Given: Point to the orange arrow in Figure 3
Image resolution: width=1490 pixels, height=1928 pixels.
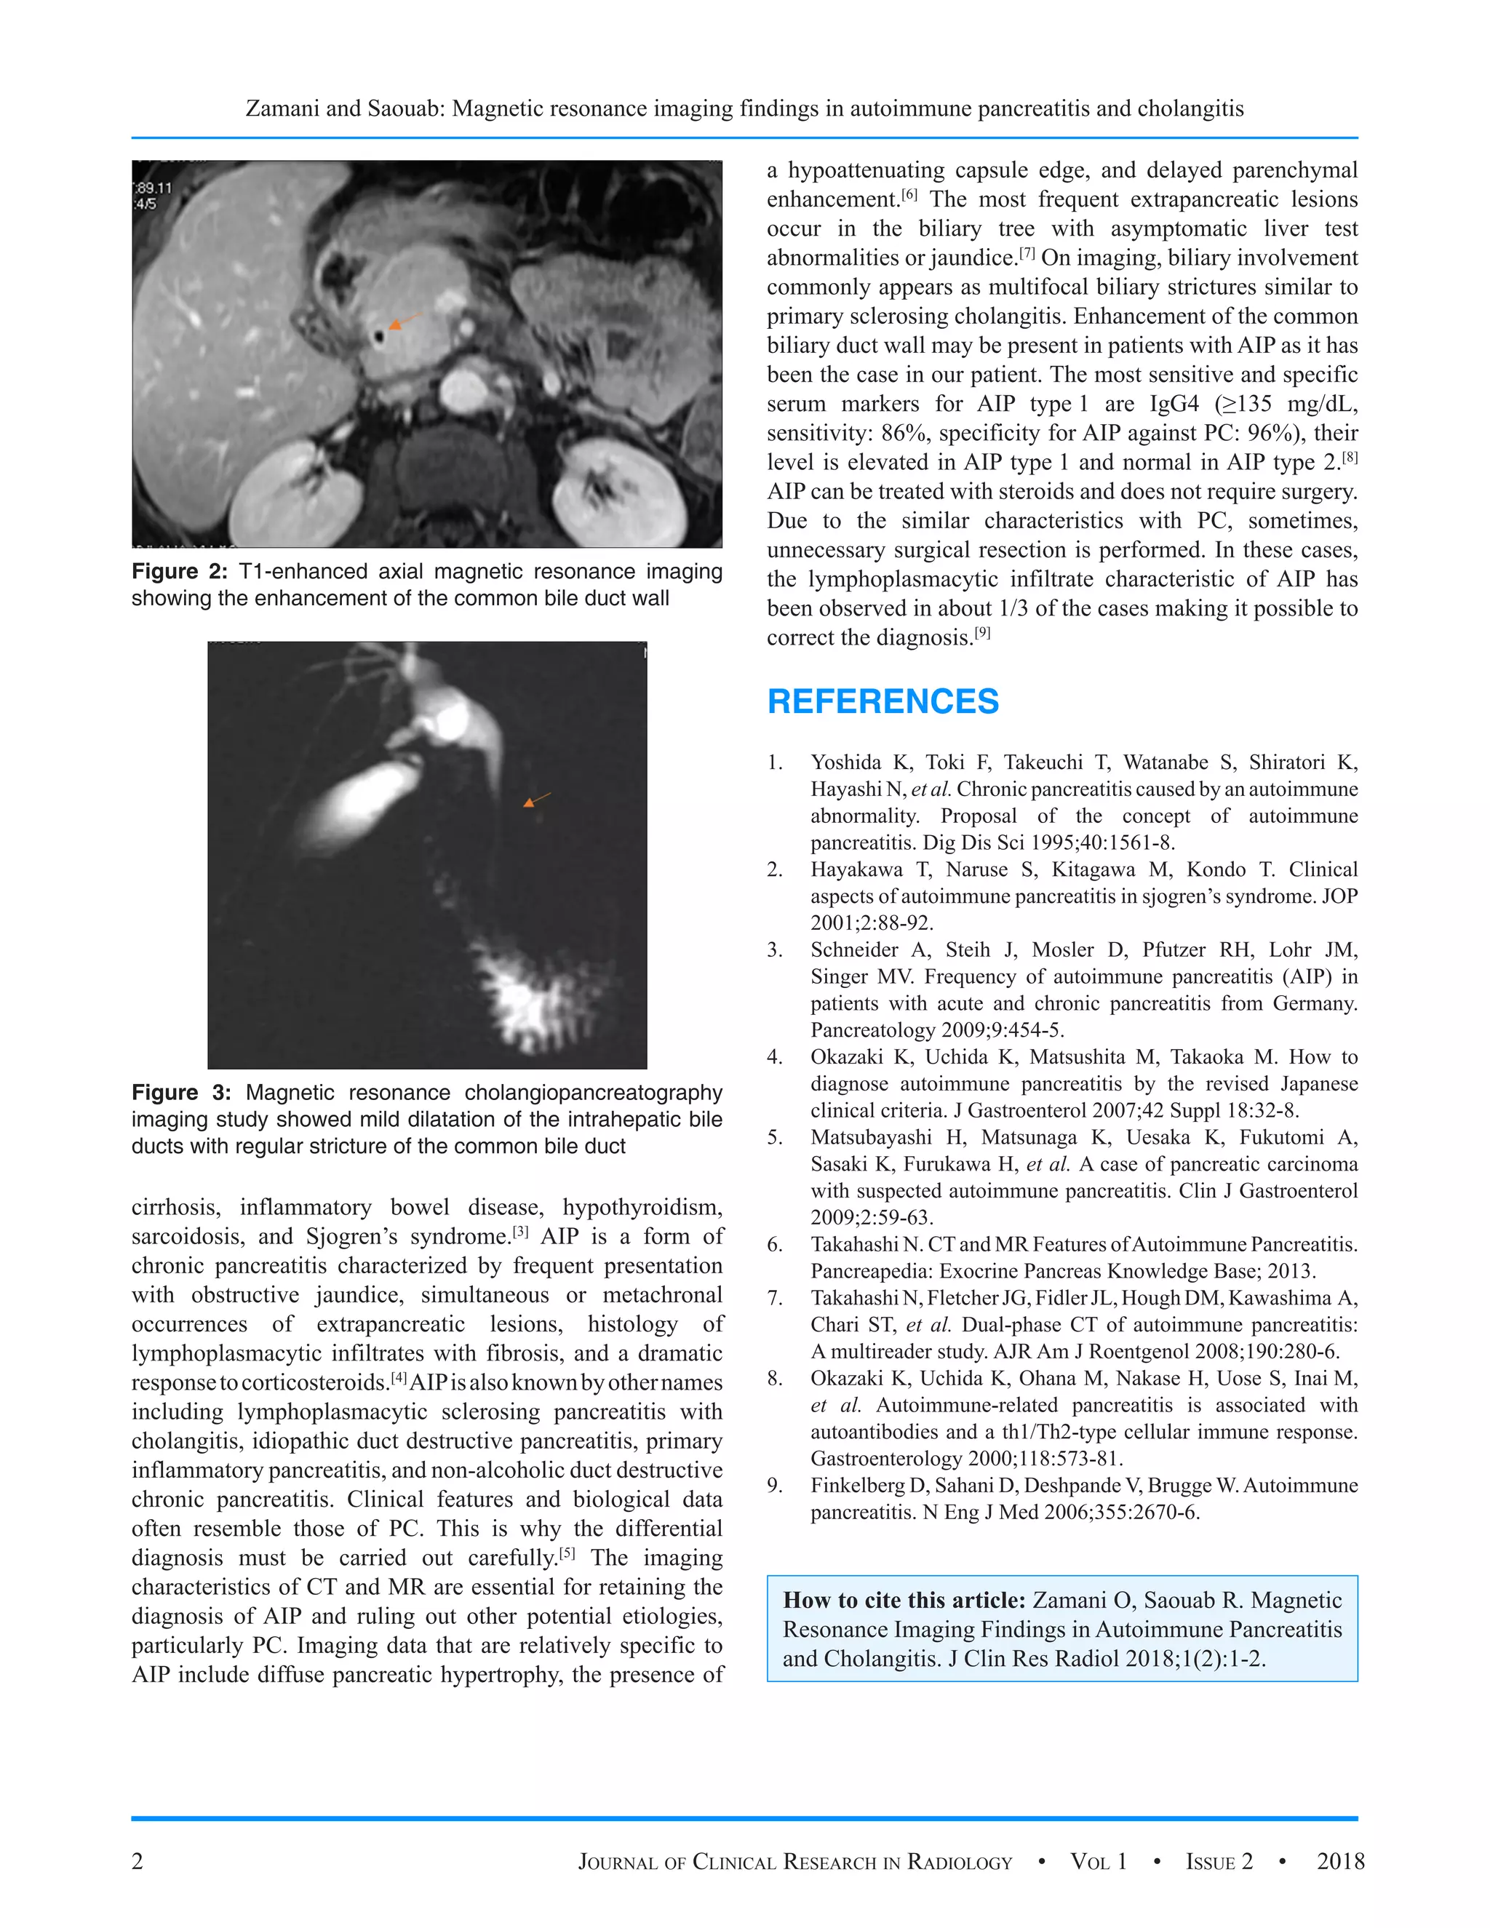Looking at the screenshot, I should click(x=535, y=800).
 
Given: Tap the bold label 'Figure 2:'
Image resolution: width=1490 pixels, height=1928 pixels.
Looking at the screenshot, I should click(x=180, y=571).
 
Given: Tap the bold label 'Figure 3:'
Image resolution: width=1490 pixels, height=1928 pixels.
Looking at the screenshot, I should click(x=181, y=1092).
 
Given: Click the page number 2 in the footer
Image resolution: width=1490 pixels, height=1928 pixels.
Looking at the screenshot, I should click(x=137, y=1861).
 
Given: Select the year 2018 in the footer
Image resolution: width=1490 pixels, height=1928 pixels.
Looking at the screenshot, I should click(x=1340, y=1861).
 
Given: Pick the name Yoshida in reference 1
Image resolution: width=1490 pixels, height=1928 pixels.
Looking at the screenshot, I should click(x=845, y=762).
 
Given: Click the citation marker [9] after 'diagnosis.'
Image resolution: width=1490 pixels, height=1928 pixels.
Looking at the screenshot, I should click(x=982, y=632).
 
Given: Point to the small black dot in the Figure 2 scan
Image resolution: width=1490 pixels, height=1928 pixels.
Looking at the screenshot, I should click(x=378, y=336).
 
